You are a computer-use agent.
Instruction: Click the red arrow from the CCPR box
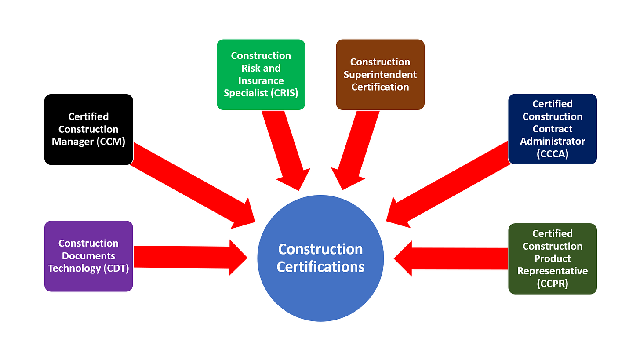pos(453,258)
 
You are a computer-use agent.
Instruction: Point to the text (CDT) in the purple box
pos(116,269)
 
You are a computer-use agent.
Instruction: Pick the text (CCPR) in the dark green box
pos(553,284)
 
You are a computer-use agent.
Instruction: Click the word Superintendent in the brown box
pos(380,75)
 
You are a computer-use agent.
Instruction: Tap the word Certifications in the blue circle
pos(320,267)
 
